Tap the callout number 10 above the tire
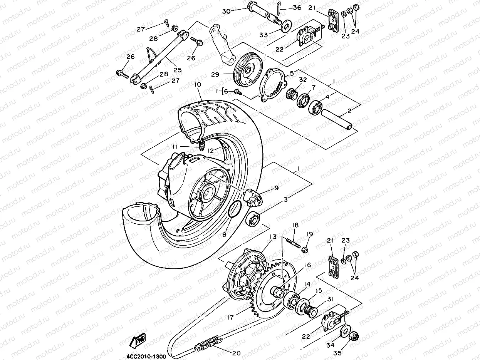198,84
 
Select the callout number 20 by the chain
237,353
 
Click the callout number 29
226,74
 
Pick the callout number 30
226,11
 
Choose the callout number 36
308,8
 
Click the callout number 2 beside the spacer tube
349,111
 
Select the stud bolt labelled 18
293,244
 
